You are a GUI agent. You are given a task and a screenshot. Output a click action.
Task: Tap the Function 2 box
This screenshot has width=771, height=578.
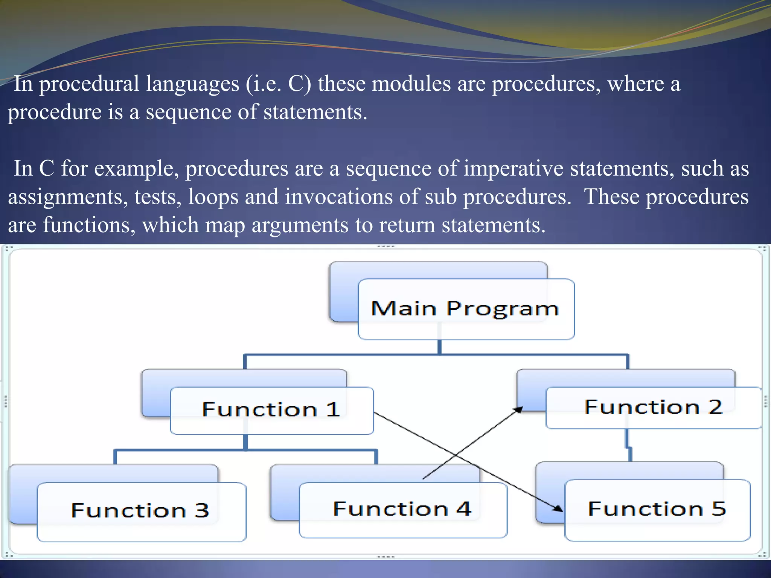tap(654, 408)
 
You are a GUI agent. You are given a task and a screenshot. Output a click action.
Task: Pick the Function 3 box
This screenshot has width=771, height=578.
tap(141, 511)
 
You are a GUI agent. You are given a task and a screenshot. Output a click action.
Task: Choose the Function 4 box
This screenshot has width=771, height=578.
tap(403, 510)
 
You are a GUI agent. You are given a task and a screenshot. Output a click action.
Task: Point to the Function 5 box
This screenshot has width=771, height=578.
tap(657, 510)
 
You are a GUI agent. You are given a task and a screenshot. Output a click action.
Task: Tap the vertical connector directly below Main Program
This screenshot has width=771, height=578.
tap(439, 347)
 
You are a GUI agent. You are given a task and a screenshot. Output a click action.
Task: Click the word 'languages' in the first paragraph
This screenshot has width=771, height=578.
tap(192, 84)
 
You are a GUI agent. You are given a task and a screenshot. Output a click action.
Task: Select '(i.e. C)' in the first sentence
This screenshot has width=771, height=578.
tap(278, 84)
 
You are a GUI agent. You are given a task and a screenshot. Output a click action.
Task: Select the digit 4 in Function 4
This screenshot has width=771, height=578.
tap(463, 509)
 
